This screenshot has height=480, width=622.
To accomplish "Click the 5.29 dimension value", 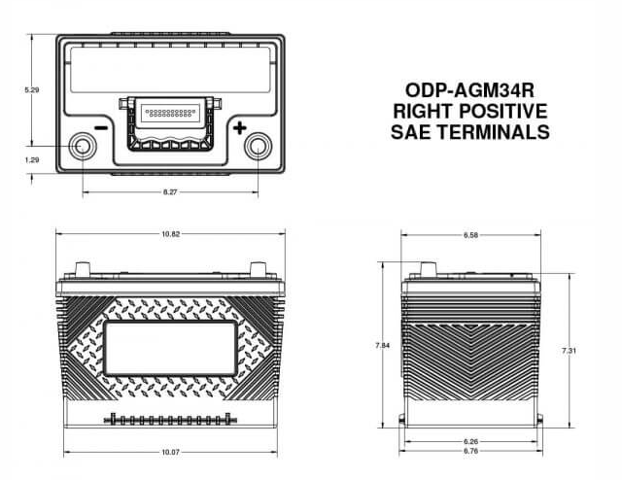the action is click(32, 90).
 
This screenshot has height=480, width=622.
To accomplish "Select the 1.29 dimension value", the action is click(32, 160).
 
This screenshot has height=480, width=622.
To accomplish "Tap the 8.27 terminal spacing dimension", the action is click(170, 192).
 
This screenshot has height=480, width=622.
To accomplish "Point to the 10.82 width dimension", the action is click(171, 234).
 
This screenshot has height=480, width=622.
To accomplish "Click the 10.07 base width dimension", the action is click(171, 452).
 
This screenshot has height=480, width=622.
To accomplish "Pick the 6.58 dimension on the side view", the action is click(470, 235).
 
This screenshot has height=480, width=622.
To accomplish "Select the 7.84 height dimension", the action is click(382, 346).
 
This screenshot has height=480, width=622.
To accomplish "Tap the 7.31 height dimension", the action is click(569, 351).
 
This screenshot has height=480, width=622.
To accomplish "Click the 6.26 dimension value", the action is click(470, 441).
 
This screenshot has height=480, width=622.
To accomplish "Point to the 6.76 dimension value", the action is click(470, 451).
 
